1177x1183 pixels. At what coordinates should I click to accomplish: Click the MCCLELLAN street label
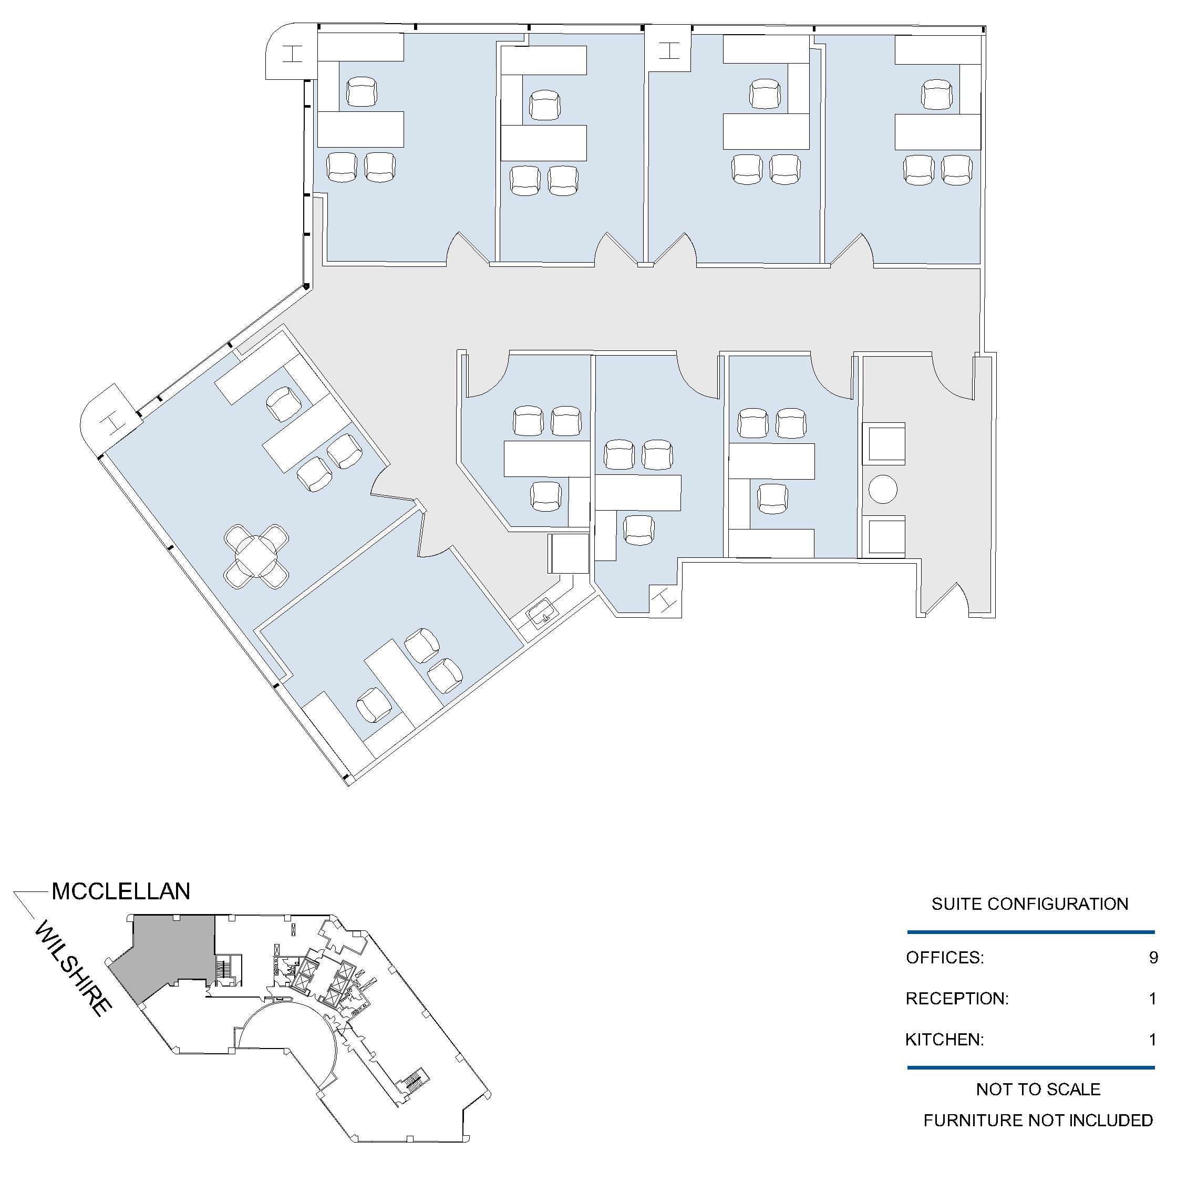(121, 891)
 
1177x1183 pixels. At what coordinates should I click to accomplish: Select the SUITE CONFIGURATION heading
(1030, 904)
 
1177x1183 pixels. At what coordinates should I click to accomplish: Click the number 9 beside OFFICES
(1153, 957)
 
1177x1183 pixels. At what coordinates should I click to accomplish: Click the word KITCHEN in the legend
(944, 1040)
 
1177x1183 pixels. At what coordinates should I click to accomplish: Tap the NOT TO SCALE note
(1038, 1089)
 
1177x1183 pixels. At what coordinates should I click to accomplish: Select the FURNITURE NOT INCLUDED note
(1038, 1120)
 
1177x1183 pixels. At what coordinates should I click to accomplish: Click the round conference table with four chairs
(256, 557)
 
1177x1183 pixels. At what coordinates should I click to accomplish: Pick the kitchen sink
(541, 614)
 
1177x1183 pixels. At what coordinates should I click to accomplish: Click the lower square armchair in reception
(884, 536)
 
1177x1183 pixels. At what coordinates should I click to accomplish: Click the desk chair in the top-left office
(362, 92)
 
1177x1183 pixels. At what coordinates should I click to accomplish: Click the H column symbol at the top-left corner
(293, 54)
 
